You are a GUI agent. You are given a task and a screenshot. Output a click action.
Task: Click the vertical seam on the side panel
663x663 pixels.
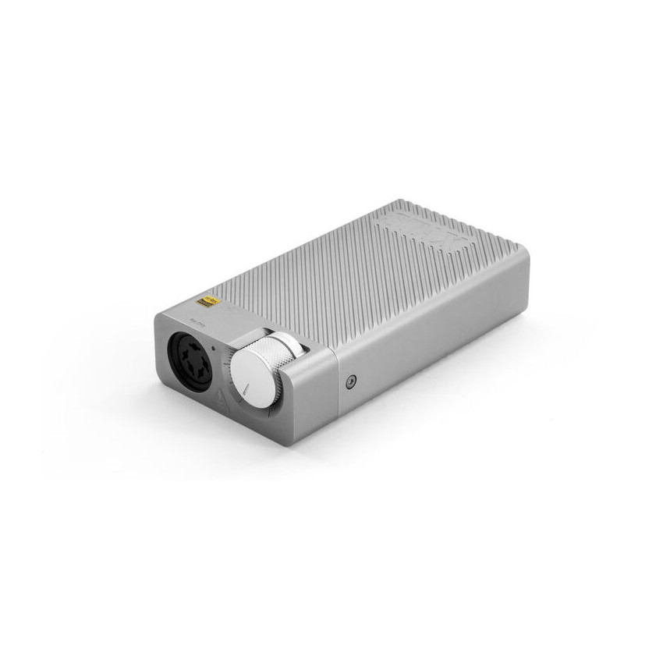[337, 390]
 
